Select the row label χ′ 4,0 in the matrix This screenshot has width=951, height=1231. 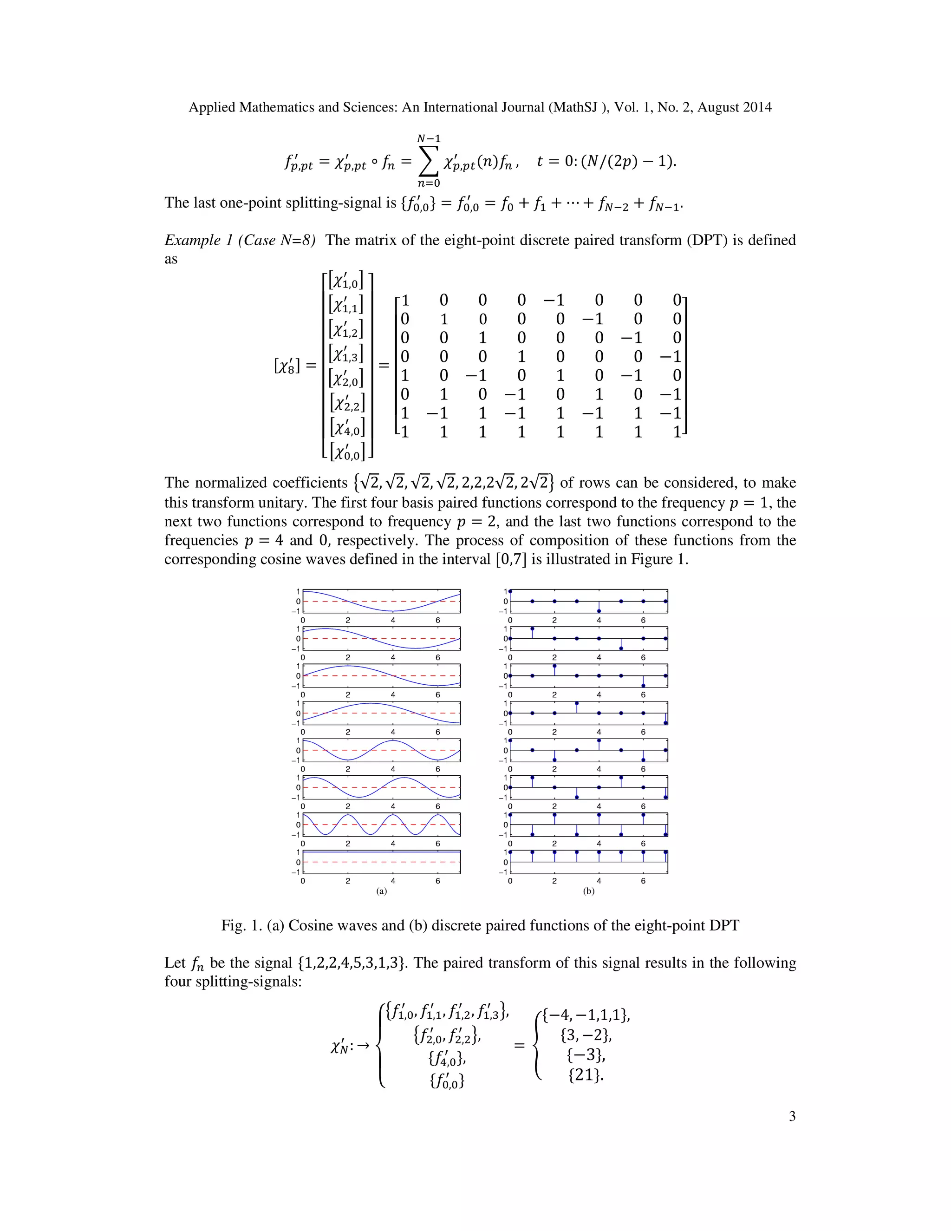[347, 427]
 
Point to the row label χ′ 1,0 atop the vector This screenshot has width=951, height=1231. [346, 281]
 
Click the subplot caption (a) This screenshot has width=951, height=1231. [381, 891]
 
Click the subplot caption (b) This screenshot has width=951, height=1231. [589, 891]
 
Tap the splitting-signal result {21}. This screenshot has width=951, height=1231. [586, 1075]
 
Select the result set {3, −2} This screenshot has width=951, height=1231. [586, 1035]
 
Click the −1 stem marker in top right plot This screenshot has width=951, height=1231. [599, 611]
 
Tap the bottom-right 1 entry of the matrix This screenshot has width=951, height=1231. [677, 432]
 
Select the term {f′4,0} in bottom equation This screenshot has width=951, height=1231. [447, 1059]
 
